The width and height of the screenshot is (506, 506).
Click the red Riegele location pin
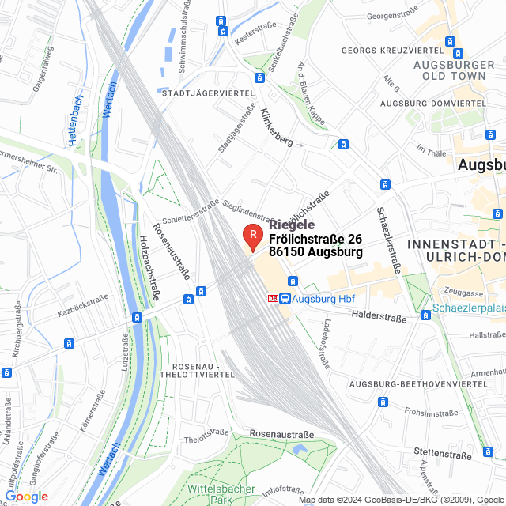click(252, 236)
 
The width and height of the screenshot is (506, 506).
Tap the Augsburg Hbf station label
click(326, 299)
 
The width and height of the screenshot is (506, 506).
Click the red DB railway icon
click(273, 299)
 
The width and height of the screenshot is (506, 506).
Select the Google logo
click(26, 497)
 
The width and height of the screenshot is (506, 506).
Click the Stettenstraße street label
click(443, 453)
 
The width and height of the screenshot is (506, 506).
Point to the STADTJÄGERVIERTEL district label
click(207, 93)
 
